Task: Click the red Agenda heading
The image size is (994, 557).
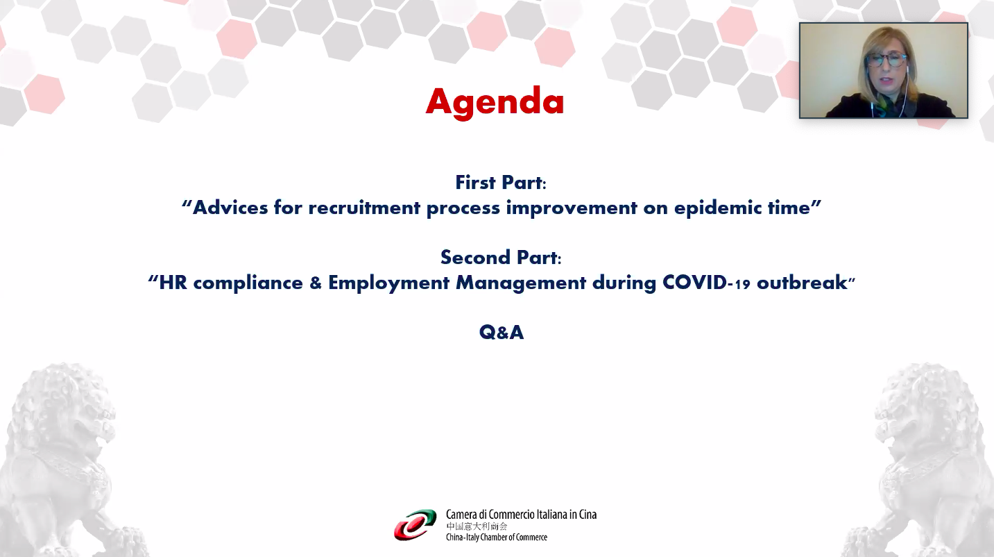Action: [x=495, y=103]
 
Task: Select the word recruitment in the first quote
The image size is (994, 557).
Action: [x=364, y=208]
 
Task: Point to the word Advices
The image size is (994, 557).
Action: [x=230, y=208]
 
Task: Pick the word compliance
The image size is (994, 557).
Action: [x=248, y=283]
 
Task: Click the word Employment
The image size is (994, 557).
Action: [x=388, y=283]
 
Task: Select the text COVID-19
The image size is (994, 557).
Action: [x=706, y=283]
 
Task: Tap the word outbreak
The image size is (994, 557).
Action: [x=802, y=283]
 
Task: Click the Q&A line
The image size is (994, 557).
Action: [x=502, y=333]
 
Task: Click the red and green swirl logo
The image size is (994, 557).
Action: [x=415, y=525]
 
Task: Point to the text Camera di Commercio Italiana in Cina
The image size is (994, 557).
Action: [x=521, y=515]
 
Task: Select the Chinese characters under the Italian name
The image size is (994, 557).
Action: [x=477, y=526]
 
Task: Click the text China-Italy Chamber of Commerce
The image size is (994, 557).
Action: [x=497, y=538]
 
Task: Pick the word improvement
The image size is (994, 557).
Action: [x=572, y=208]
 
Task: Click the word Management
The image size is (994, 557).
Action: [x=521, y=283]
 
